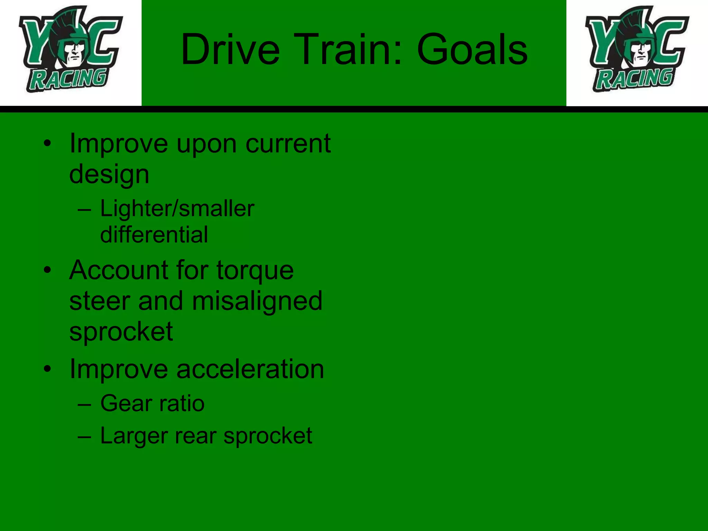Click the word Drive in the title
pos(230,49)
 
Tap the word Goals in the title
pos(472,49)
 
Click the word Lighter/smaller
pos(177,208)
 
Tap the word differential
pos(154,235)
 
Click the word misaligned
pos(257,301)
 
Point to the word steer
pos(100,301)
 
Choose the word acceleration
pos(250,369)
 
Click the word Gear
pos(126,403)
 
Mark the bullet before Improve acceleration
pos(47,369)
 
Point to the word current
pos(288,143)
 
